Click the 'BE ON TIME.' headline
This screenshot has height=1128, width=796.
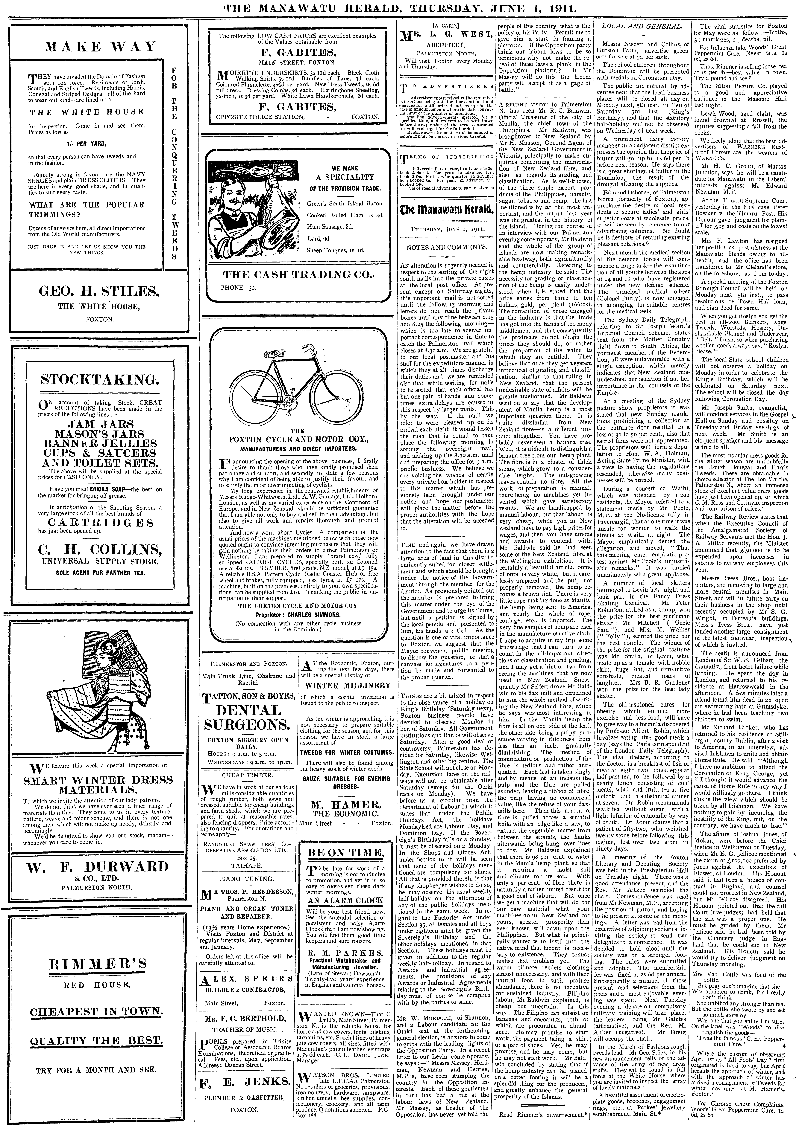(345, 838)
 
